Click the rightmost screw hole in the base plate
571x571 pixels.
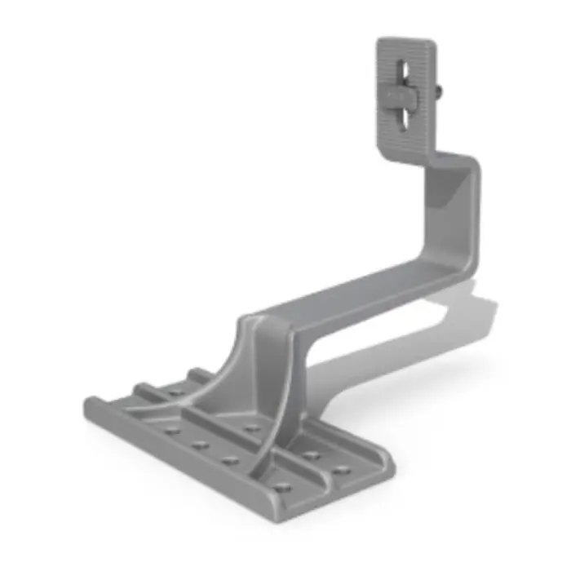point(341,471)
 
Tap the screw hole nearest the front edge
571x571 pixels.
point(281,488)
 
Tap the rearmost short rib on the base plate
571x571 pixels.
point(200,374)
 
